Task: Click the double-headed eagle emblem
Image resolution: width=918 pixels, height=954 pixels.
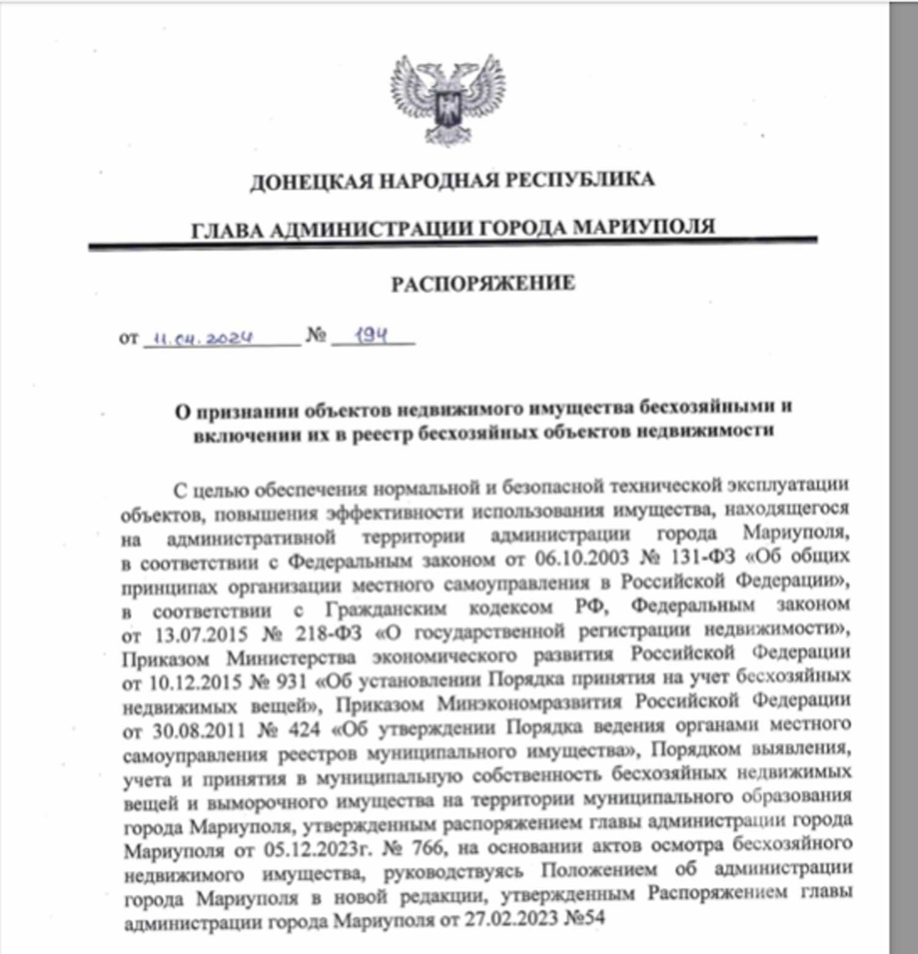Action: point(449,99)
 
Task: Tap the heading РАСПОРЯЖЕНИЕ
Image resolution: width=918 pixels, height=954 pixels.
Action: point(483,284)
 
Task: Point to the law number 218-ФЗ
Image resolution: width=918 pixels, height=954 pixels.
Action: point(329,633)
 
